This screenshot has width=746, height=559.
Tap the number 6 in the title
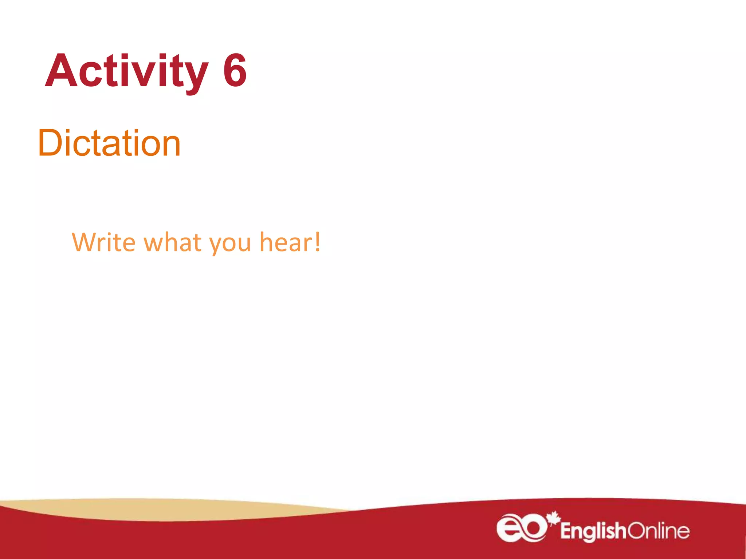(235, 71)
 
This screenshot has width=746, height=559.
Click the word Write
(104, 242)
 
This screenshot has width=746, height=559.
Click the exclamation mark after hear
(318, 241)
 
